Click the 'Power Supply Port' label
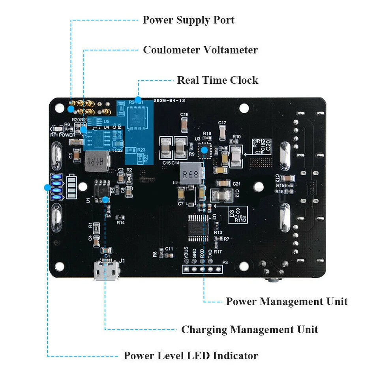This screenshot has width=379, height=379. (188, 20)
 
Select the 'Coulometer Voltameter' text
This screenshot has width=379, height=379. (200, 50)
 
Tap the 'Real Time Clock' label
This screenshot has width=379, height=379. (218, 80)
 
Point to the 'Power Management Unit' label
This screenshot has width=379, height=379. (287, 302)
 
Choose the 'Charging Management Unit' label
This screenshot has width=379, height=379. (250, 329)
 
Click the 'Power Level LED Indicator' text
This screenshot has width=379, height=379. (191, 355)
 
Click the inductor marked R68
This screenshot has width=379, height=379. (190, 175)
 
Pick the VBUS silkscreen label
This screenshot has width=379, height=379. (186, 253)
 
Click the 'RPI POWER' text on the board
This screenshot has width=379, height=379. (63, 135)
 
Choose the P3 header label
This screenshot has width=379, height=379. (225, 262)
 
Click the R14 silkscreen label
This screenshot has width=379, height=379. (120, 223)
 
